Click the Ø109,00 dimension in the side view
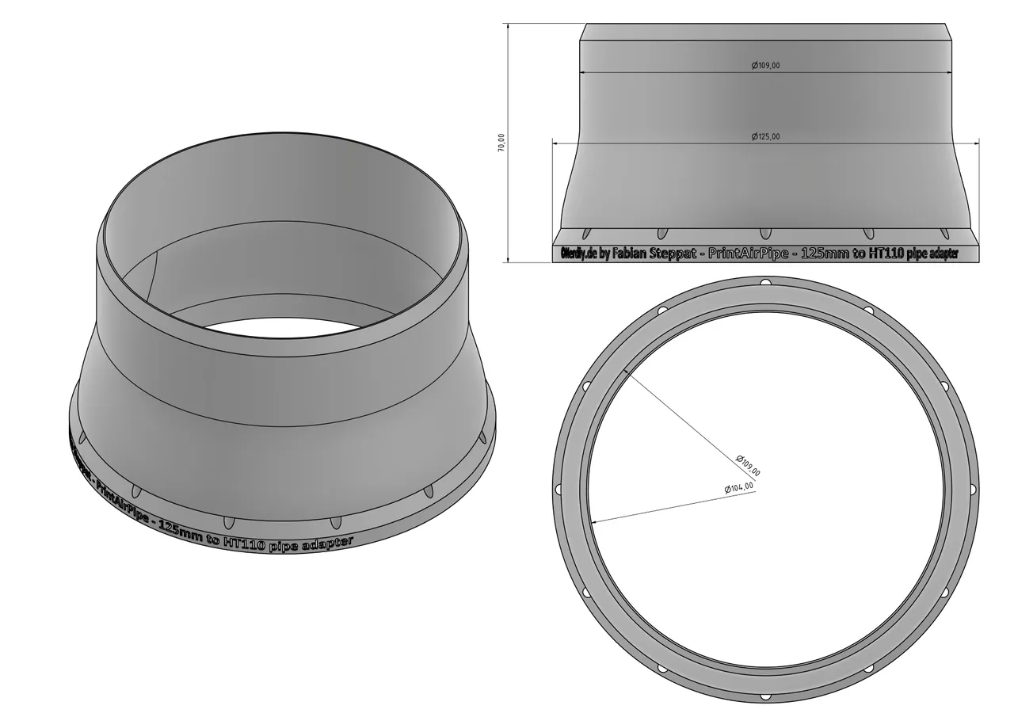click(765, 66)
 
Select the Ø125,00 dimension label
click(765, 136)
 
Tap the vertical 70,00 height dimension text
click(501, 143)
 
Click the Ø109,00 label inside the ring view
click(748, 465)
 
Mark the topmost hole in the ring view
click(764, 284)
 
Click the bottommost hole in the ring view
click(764, 697)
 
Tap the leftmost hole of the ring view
click(558, 490)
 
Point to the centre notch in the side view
click(764, 233)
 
